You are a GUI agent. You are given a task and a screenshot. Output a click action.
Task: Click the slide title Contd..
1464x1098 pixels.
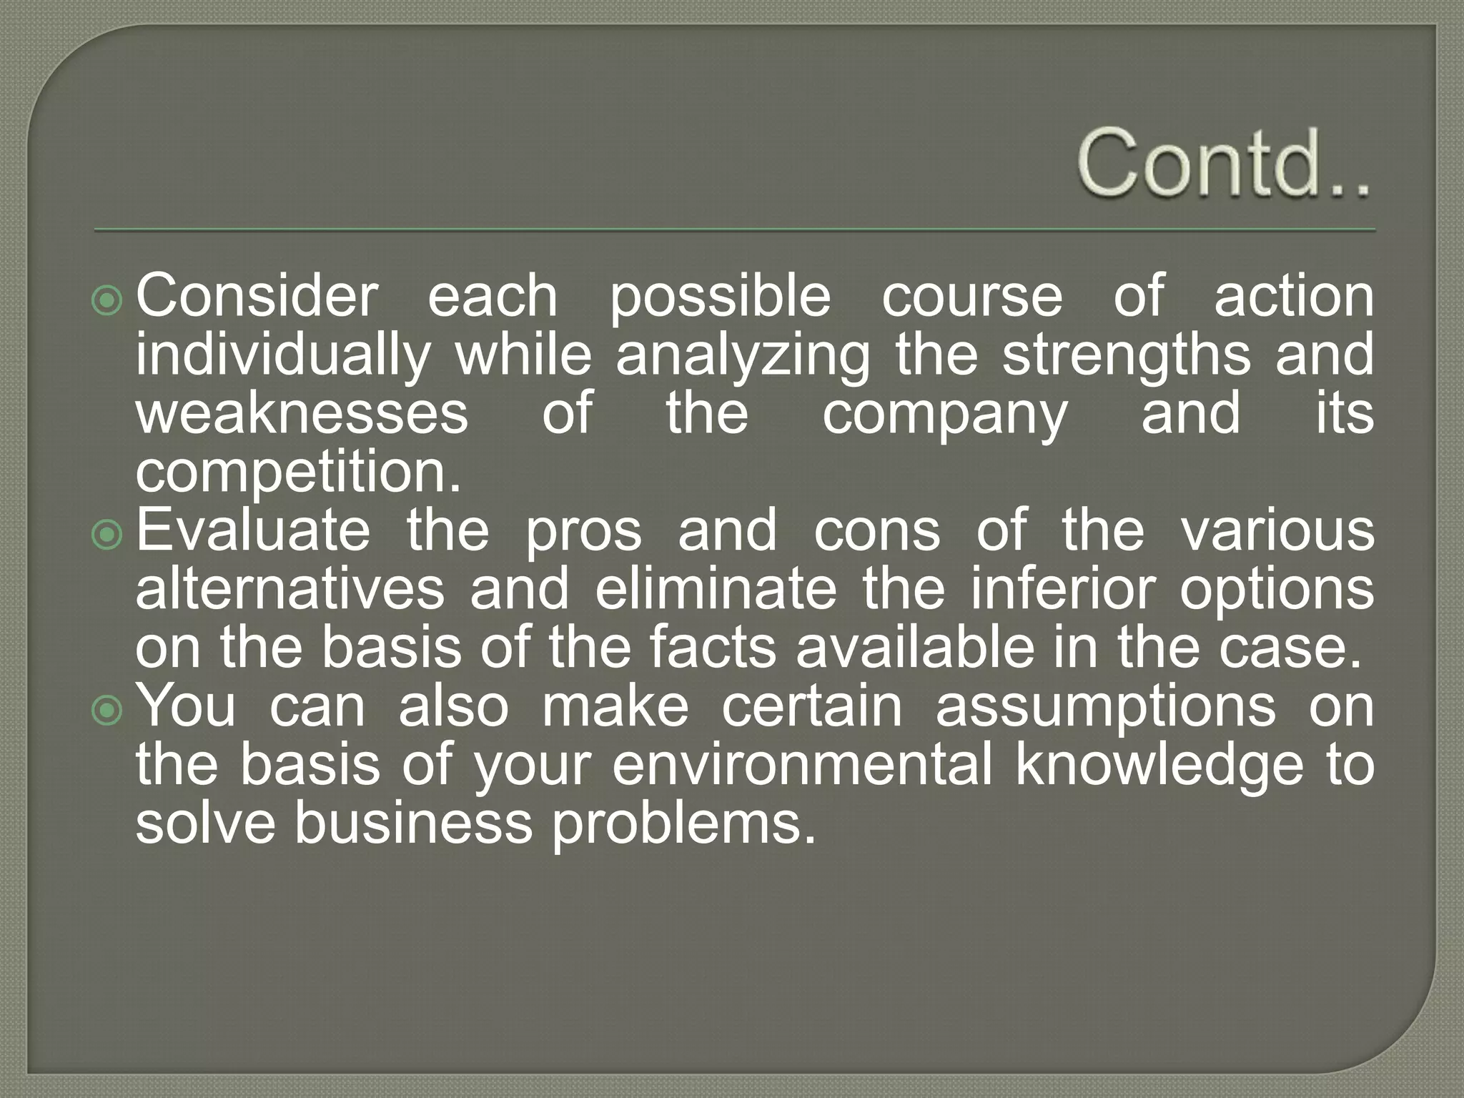click(x=1223, y=164)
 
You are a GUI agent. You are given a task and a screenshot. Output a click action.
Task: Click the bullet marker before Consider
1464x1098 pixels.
click(x=107, y=302)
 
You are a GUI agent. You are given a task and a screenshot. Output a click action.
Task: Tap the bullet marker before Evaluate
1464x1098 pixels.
click(x=107, y=535)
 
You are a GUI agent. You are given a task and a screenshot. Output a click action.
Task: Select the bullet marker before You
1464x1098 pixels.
click(x=107, y=711)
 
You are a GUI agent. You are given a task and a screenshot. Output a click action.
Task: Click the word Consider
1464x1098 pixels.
click(x=257, y=296)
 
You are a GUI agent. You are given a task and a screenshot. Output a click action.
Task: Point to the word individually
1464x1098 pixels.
click(x=283, y=355)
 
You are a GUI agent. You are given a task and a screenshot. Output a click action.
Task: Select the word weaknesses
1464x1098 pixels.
click(x=302, y=414)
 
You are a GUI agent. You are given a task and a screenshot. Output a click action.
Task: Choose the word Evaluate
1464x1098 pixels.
click(x=253, y=530)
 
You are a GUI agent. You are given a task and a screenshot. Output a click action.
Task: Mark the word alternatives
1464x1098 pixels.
click(x=290, y=589)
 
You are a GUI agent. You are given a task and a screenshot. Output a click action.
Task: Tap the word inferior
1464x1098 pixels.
click(x=1062, y=589)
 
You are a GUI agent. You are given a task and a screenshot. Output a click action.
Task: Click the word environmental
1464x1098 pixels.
click(x=802, y=765)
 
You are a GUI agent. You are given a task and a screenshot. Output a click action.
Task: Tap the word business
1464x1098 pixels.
click(x=413, y=823)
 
